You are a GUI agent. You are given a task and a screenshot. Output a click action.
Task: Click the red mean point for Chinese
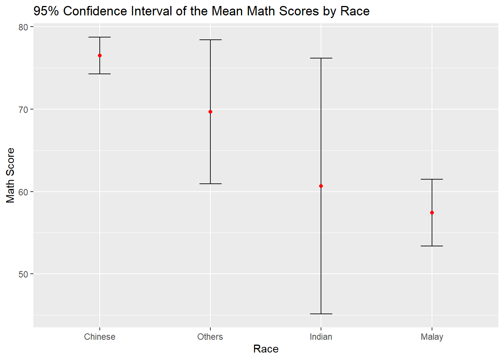pos(100,55)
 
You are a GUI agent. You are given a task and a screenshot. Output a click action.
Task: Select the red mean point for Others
pos(210,112)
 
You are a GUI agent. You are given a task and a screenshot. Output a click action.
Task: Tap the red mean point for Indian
pos(321,186)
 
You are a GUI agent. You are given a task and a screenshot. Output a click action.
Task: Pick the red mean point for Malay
pos(432,213)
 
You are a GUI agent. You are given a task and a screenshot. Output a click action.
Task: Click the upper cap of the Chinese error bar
pos(100,37)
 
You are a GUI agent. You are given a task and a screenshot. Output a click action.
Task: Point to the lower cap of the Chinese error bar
pos(100,74)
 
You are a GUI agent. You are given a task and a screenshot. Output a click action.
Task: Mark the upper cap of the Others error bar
pos(210,40)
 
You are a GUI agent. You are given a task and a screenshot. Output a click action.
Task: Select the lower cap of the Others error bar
pos(210,184)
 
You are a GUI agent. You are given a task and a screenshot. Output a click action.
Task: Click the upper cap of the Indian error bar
pos(321,58)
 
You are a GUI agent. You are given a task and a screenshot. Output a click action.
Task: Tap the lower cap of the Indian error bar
pos(321,314)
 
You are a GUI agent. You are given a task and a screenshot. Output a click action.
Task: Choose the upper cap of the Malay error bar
pos(432,179)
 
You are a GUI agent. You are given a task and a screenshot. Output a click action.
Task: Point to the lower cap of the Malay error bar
pos(432,246)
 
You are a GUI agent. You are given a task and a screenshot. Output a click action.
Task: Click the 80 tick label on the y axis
pos(23,27)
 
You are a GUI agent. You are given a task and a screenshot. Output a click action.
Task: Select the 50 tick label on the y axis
pos(23,274)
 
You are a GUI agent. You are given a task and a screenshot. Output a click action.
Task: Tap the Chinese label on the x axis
pos(100,337)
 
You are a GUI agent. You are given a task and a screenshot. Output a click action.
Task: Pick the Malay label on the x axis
pos(432,337)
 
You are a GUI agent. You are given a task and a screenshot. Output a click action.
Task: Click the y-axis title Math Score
pos(10,175)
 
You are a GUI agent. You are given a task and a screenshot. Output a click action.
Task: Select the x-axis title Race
pos(266,349)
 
